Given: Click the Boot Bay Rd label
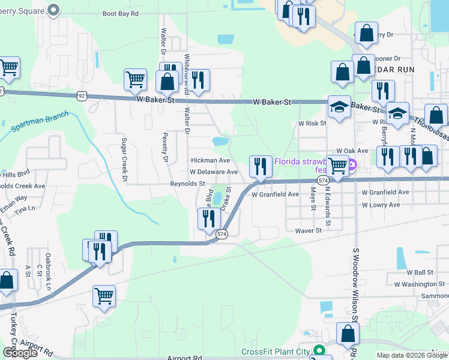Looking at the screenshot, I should coord(121,13).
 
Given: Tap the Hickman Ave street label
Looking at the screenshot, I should coord(210,161).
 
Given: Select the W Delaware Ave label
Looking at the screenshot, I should coord(214,172).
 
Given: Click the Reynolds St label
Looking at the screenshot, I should coord(188,184).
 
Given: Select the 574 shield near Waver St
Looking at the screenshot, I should coord(221,235).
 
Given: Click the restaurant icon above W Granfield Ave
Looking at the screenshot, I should coord(260,166).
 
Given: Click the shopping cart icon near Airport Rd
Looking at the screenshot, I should coord(104,295).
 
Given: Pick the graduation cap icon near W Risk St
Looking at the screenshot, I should coord(339,107).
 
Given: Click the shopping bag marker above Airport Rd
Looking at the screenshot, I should coord(348,333).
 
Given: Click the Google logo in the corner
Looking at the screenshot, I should coord(20,353).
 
